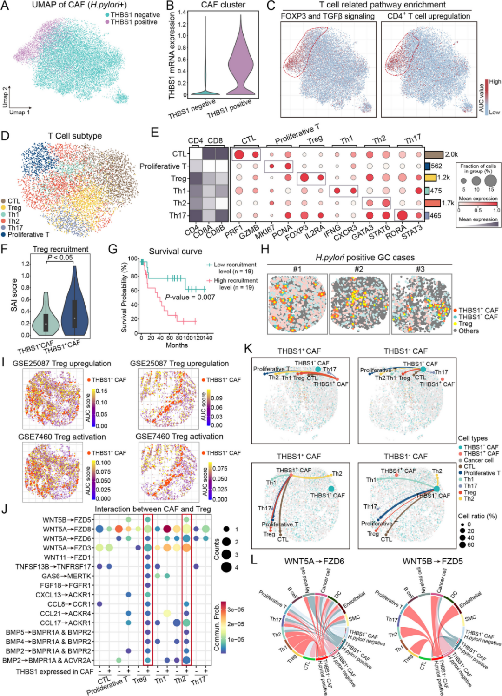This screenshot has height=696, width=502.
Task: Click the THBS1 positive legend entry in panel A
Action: coord(133,22)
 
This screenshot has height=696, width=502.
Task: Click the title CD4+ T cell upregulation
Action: coord(429,16)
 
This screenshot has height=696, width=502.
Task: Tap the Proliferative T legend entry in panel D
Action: coord(28,234)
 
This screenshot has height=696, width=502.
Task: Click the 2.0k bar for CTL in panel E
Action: coord(434,154)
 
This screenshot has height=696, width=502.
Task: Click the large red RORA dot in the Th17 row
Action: coord(403,215)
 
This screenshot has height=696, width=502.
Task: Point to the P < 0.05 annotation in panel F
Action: coord(60,258)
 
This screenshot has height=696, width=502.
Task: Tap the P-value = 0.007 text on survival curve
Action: coord(190,297)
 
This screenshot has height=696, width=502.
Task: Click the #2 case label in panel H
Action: coord(359,269)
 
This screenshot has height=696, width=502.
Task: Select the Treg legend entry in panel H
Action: coord(465,324)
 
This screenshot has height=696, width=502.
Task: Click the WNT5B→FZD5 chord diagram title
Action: coord(432,561)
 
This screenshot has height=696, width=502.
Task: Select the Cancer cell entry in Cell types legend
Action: coord(478,460)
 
